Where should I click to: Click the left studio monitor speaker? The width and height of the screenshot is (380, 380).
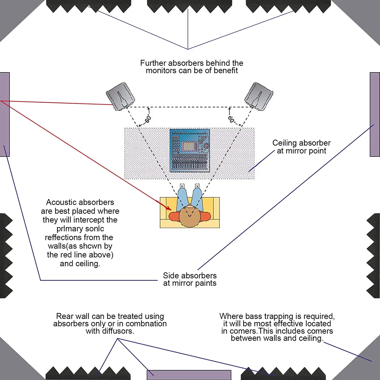tap(120, 96)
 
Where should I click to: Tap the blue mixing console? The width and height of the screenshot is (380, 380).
tap(189, 151)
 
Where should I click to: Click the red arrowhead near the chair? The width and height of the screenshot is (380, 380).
tap(168, 208)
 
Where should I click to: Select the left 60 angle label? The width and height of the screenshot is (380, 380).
tap(148, 119)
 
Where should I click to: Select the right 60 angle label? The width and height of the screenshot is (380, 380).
tap(231, 119)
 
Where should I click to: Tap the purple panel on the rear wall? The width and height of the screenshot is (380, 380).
tap(189, 375)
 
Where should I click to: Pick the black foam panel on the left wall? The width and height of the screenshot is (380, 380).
tap(6, 256)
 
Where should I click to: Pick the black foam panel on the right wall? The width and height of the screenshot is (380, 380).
tap(374, 256)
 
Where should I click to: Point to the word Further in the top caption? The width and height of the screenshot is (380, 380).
tap(153, 63)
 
